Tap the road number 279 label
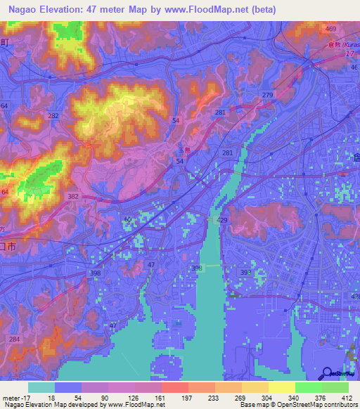coord(267,95)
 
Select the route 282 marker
coord(53,115)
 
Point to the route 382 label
coord(73,197)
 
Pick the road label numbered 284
coord(14,339)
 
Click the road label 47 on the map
coord(151,264)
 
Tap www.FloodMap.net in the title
coord(215,10)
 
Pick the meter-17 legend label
coord(15,398)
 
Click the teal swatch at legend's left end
coord(41,387)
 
